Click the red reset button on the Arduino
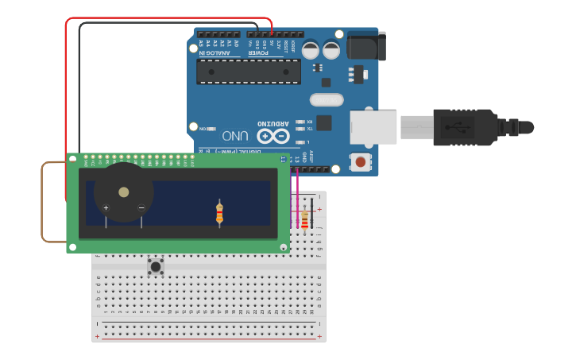(x=361, y=162)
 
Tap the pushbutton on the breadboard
(x=156, y=267)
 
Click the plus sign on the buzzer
(x=106, y=208)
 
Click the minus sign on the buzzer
(x=141, y=208)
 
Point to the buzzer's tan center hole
(x=123, y=192)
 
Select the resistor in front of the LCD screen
(x=220, y=213)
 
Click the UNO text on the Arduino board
(x=235, y=136)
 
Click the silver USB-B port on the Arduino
(x=373, y=127)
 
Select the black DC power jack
(x=366, y=45)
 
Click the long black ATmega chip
(x=249, y=72)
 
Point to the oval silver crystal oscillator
(x=327, y=100)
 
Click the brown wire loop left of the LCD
(x=43, y=203)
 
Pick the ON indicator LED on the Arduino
(x=211, y=128)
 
